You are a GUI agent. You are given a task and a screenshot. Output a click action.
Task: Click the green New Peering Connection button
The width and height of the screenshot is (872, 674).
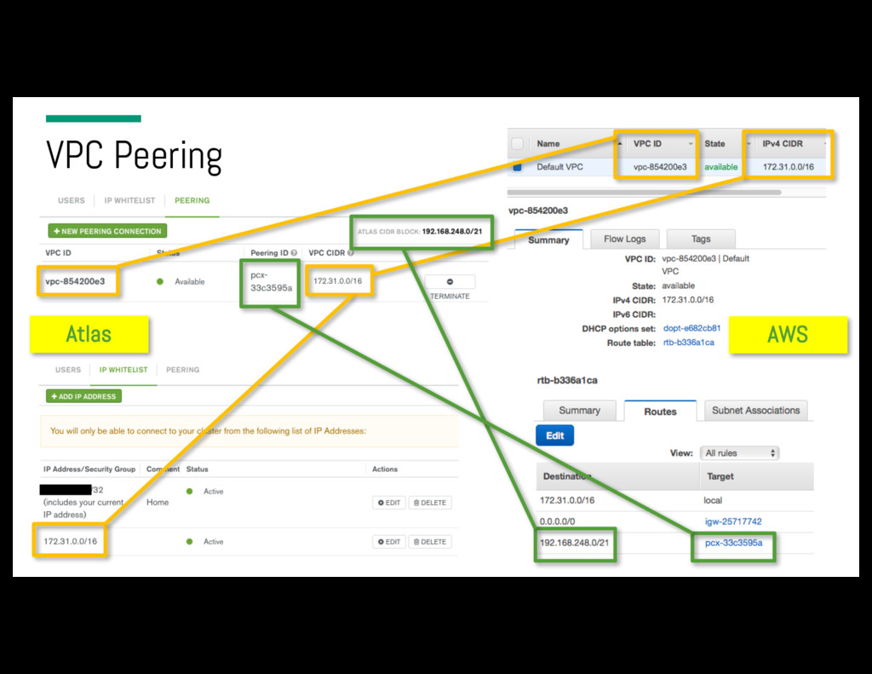point(107,231)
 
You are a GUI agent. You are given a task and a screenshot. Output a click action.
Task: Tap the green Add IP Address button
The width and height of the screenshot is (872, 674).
point(84,396)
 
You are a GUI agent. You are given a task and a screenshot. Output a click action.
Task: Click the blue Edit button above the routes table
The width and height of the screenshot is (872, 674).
point(555,435)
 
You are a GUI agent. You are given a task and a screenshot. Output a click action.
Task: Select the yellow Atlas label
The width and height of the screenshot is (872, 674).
point(89,334)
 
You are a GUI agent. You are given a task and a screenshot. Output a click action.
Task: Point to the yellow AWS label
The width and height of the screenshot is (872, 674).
point(787,334)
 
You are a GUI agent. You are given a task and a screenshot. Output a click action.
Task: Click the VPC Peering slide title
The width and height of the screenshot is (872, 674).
point(134,156)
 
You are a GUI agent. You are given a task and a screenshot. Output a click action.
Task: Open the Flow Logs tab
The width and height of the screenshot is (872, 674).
point(624,239)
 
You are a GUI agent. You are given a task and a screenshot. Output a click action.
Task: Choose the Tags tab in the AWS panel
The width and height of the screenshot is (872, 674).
point(700,239)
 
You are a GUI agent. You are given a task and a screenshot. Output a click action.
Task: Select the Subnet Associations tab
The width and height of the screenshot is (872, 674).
point(755,411)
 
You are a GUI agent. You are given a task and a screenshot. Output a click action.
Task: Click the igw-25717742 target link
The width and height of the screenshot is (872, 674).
point(732,521)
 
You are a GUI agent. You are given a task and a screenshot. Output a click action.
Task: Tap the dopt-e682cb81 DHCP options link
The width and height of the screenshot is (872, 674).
point(691,328)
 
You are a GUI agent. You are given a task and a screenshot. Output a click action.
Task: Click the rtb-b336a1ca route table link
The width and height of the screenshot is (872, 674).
point(688,343)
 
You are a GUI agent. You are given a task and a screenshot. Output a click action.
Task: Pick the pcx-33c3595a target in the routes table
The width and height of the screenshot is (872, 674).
point(733,543)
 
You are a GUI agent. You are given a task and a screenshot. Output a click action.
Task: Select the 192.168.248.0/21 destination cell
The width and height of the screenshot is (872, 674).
point(575,543)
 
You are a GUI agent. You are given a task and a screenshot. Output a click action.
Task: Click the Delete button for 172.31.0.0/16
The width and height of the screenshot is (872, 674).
point(430,542)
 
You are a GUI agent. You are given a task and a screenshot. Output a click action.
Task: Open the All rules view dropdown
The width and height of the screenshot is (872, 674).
point(740,453)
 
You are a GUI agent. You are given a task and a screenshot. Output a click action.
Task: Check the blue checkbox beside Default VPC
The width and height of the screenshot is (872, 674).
point(517,167)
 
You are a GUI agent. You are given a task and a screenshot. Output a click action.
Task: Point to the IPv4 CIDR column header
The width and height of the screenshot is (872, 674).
point(783,144)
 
